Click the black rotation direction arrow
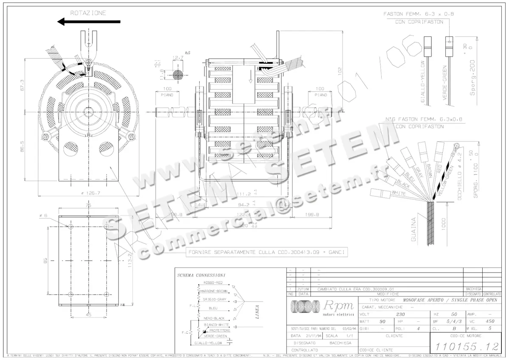pyautogui.click(x=89, y=22)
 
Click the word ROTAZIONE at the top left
pyautogui.click(x=88, y=13)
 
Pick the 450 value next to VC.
pyautogui.click(x=490, y=321)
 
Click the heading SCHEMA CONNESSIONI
pyautogui.click(x=201, y=275)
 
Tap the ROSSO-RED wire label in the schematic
pyautogui.click(x=213, y=282)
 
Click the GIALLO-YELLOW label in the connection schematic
pyautogui.click(x=208, y=343)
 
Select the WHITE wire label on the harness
pyautogui.click(x=398, y=194)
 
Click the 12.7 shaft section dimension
pyautogui.click(x=178, y=58)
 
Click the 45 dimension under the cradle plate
pyautogui.click(x=89, y=315)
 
